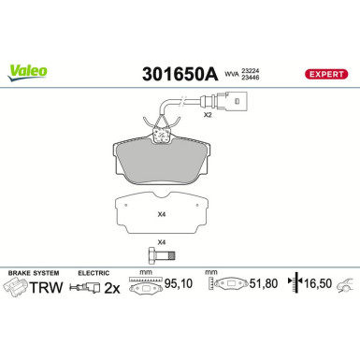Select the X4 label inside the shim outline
(x=162, y=215)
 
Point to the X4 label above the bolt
(x=162, y=242)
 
